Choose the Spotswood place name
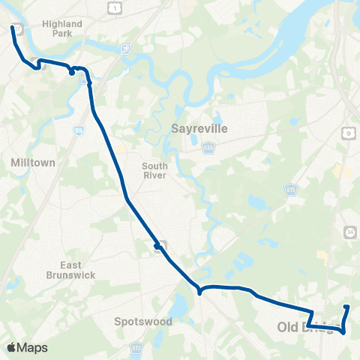coord(143,322)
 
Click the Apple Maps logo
coord(28,347)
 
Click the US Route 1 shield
coord(114,6)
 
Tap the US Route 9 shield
coord(349,133)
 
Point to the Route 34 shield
coord(349,233)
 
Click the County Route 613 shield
coord(136,348)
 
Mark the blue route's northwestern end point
coord(12,28)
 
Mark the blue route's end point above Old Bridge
coord(346,307)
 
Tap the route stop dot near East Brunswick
coord(157,246)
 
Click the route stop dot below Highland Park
coord(72,72)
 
